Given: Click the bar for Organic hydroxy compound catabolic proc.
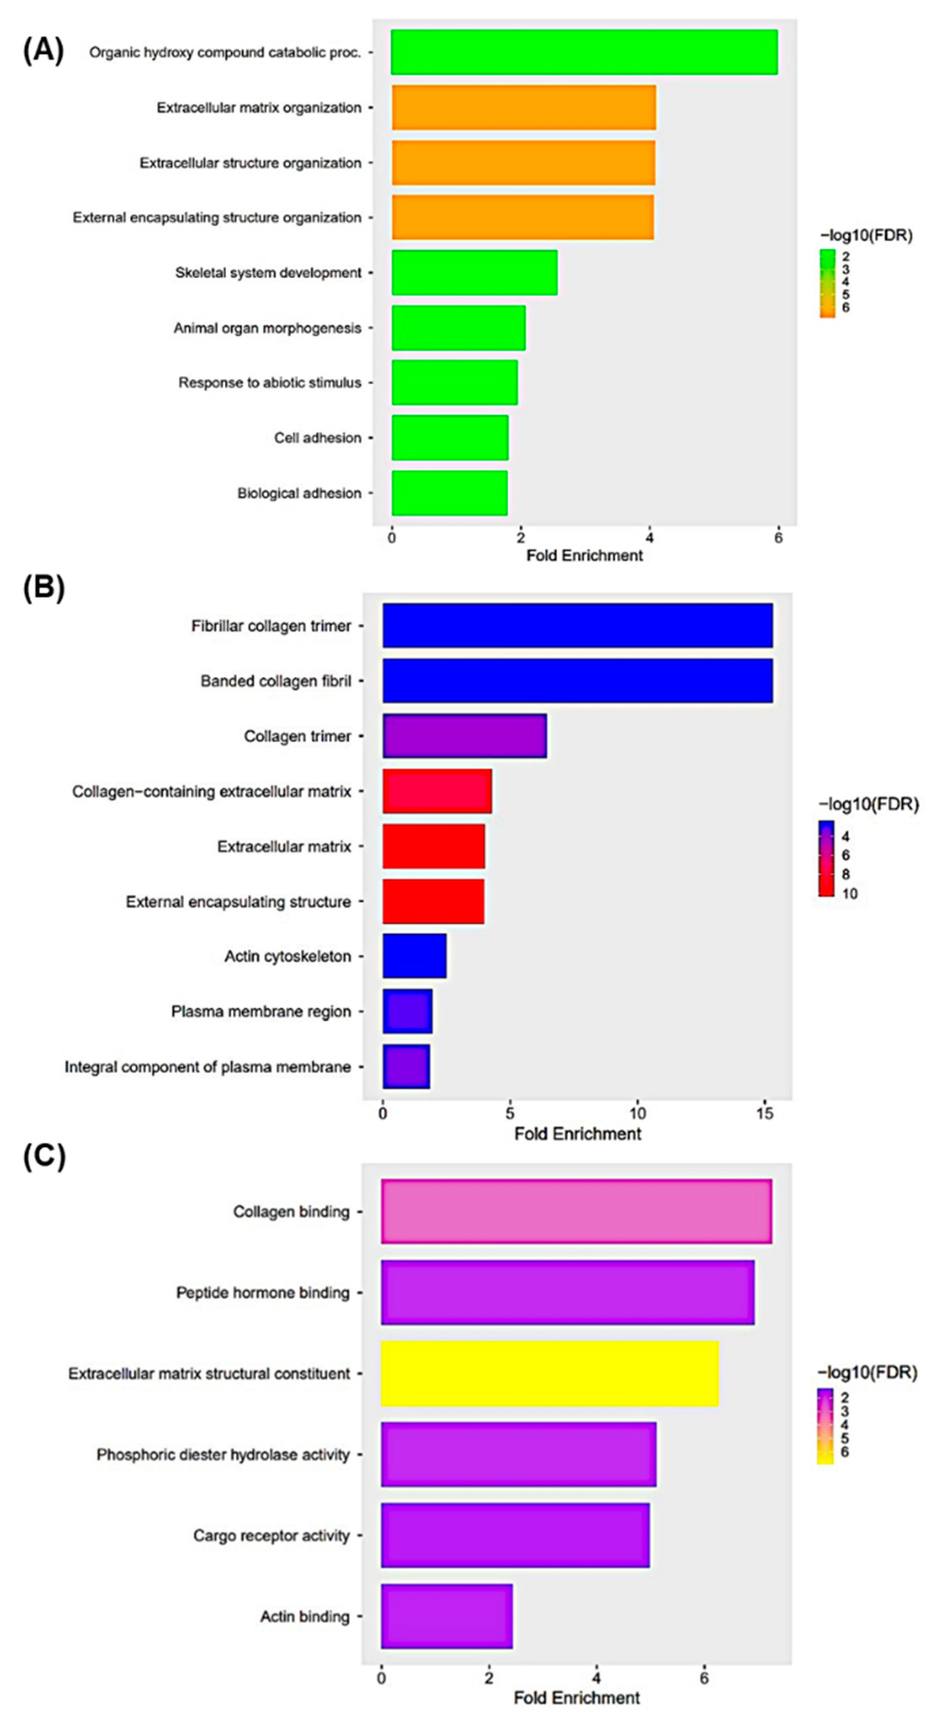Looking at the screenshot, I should tap(584, 52).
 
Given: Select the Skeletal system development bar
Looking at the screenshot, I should tap(474, 273).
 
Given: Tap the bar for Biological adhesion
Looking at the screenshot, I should tap(449, 493).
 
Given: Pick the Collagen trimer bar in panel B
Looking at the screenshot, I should tap(465, 736).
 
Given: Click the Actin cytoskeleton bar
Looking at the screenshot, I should tap(414, 956).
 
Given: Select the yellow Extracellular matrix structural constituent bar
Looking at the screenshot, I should tap(550, 1374).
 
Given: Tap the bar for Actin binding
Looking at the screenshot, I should tap(447, 1616).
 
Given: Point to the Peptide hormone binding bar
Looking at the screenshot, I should tap(568, 1293).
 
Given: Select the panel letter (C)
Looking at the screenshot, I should tap(44, 1157).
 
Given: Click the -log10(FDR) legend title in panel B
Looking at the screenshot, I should tap(869, 804).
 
